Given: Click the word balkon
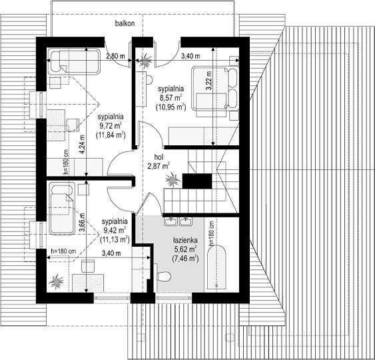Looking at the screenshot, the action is (125, 23).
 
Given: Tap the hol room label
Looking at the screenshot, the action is (159, 157).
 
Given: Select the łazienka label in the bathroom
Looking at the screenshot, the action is (185, 240).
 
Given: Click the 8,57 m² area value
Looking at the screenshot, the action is (171, 97).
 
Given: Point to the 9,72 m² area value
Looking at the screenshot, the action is (111, 125).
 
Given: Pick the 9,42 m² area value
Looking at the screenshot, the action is (115, 230).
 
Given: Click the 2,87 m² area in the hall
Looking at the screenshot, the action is (159, 165).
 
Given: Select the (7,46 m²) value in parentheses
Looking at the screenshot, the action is (185, 258).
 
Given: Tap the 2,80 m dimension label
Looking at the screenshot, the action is (115, 56).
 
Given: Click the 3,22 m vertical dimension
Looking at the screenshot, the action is (208, 81).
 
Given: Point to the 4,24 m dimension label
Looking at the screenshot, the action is (82, 144).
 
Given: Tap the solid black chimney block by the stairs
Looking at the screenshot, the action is (197, 181).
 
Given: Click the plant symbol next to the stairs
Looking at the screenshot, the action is (173, 179).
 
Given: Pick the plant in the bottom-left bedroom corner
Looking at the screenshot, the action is (56, 281).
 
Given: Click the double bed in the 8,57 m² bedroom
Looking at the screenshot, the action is (215, 88).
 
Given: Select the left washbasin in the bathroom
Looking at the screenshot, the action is (171, 221).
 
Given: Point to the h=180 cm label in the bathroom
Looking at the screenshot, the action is (212, 233).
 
